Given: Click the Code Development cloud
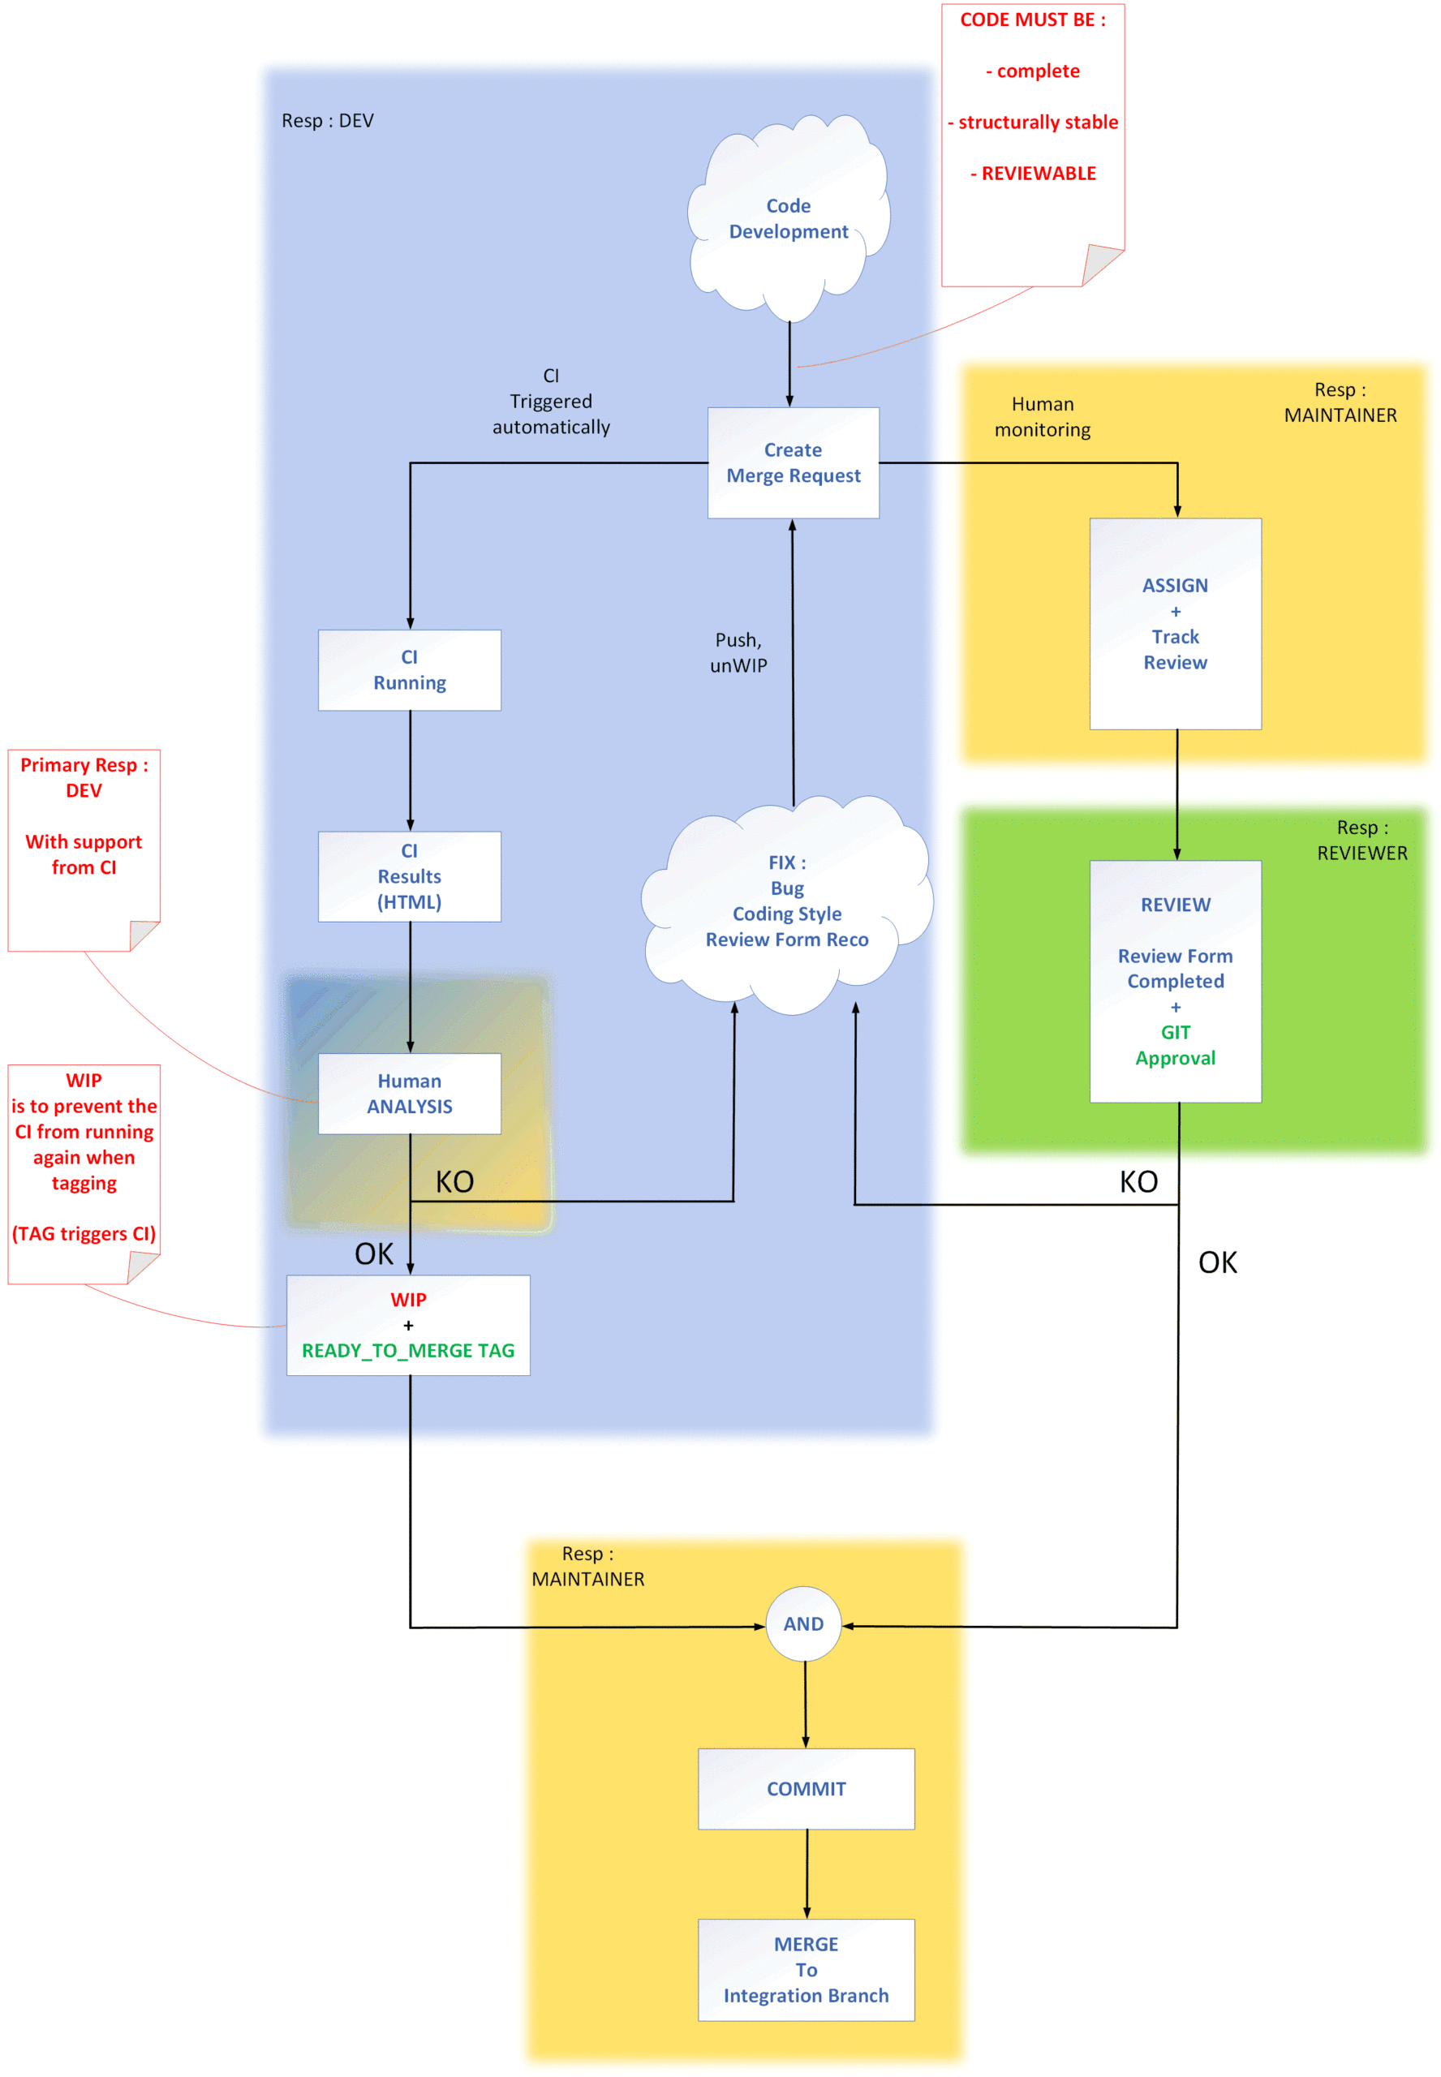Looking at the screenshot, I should pos(788,218).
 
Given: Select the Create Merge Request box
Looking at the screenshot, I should pos(793,462).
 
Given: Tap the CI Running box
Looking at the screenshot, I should pos(409,670).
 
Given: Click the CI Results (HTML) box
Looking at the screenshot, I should pos(409,875).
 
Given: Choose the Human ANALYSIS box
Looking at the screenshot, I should pos(409,1093).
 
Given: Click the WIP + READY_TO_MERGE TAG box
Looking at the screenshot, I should pos(408,1324).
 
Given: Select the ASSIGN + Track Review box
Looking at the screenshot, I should pos(1175,623).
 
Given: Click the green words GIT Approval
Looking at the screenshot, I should pos(1175,1044).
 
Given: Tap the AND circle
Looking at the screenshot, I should pos(802,1623).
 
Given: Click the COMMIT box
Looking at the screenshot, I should pos(806,1788).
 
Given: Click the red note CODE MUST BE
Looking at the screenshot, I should pos(1032,109).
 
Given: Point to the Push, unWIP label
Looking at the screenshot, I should pos(738,651).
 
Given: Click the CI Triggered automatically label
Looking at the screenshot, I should pos(551,401).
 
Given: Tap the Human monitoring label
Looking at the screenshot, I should pos(1042,416).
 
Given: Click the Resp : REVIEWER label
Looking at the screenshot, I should pos(1361,840).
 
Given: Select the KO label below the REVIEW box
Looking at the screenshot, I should pos(1138,1180).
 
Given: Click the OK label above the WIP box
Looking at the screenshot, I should pos(374,1253).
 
